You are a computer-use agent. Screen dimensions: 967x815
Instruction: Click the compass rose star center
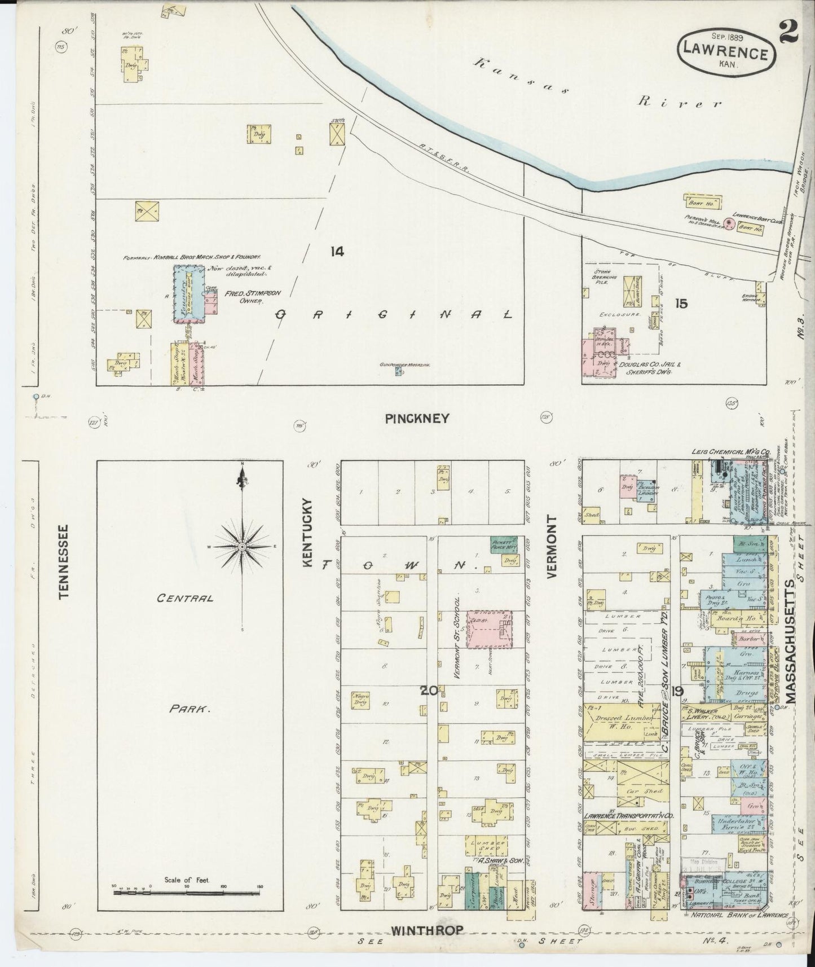tap(242, 547)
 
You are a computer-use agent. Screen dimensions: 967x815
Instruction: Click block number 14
tap(337, 252)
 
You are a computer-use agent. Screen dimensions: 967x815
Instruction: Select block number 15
tap(681, 304)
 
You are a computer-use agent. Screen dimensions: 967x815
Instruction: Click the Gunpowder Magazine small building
tap(398, 372)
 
